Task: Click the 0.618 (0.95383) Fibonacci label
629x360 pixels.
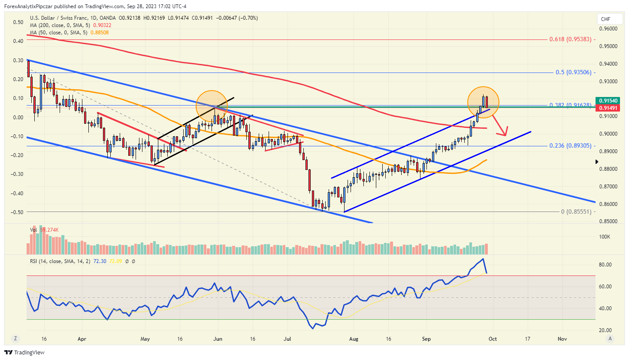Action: (570, 39)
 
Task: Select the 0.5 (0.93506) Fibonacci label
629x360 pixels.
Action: (573, 72)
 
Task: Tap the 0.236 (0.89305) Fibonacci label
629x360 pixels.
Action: (570, 145)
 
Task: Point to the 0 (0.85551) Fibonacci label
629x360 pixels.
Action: (576, 212)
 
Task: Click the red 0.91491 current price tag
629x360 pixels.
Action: (608, 108)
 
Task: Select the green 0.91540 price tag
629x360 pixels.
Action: (608, 101)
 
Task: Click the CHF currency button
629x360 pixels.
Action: (605, 19)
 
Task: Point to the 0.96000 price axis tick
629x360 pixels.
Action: (608, 29)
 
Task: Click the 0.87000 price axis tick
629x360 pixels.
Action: (608, 187)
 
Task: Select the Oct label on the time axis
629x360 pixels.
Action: (493, 339)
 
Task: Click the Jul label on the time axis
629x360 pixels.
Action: (287, 339)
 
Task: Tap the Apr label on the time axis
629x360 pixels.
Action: (82, 339)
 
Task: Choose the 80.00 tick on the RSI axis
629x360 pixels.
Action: (605, 265)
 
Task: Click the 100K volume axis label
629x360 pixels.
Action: (605, 236)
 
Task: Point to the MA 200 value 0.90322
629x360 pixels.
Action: (102, 25)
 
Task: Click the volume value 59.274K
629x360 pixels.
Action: (49, 230)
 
